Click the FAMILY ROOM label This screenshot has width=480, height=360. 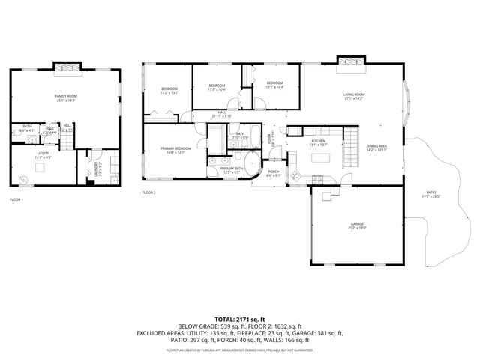tap(66, 96)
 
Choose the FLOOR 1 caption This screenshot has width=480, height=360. tap(16, 199)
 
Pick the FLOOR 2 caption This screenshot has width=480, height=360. tap(148, 193)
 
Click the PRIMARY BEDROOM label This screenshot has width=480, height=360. tap(175, 148)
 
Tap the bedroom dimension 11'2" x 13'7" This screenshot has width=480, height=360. tap(169, 94)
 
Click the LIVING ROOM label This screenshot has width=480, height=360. tap(354, 94)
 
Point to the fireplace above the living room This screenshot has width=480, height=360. tap(349, 61)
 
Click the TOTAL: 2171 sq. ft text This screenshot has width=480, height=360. tap(239, 319)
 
